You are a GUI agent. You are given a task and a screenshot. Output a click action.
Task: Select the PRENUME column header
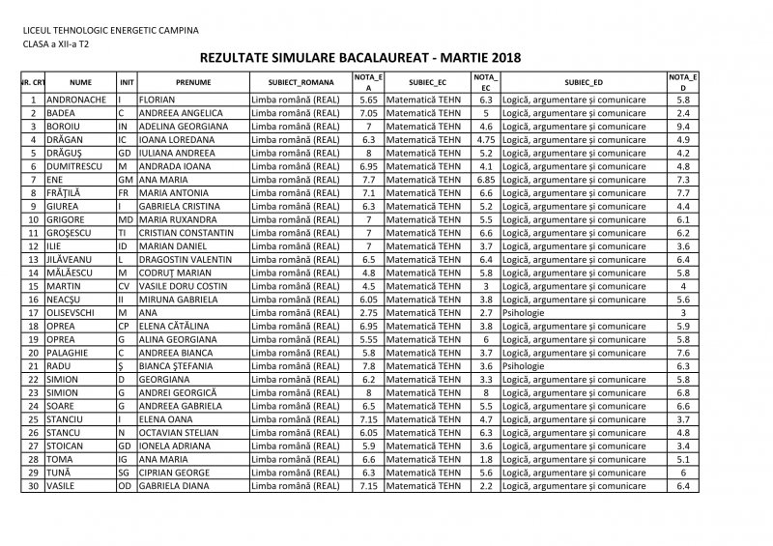coord(192,83)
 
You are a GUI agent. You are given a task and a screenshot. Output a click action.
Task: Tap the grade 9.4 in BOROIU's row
coord(683,126)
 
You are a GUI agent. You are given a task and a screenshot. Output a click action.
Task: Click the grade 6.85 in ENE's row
coord(486,179)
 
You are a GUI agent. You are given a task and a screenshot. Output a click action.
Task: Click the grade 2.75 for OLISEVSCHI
coord(367,312)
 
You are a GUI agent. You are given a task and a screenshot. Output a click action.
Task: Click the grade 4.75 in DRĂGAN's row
coord(486,139)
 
